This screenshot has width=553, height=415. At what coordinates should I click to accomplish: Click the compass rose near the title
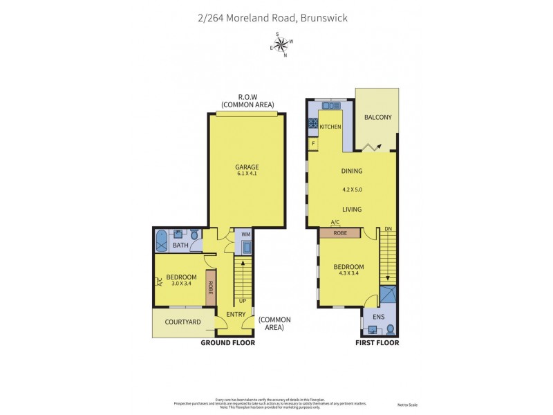point(281,45)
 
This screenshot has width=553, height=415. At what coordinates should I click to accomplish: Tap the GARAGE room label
point(247,167)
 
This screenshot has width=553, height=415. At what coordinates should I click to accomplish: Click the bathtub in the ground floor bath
point(162,240)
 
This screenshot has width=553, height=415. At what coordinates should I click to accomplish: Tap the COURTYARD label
point(182,322)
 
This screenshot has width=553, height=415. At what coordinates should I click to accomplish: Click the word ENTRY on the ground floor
point(236,315)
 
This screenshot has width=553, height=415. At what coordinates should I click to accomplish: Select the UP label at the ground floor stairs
point(242,301)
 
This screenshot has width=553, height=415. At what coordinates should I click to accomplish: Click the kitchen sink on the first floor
point(326,105)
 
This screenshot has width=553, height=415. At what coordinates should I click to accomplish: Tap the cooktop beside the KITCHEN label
point(312,125)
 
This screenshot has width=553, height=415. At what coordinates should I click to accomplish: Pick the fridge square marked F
point(313,144)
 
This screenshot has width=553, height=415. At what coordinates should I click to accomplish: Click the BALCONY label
point(377,117)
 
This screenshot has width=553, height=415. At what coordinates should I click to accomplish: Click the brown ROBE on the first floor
point(340,233)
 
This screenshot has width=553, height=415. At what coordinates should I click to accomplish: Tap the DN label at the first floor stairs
point(388,229)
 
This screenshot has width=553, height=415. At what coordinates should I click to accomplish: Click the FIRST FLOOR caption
point(378,342)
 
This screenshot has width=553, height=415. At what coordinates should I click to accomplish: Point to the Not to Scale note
point(408,405)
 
